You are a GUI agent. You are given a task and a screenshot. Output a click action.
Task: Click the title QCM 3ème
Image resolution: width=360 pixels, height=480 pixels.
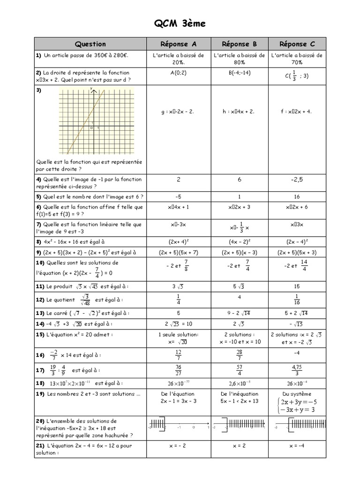click(x=180, y=24)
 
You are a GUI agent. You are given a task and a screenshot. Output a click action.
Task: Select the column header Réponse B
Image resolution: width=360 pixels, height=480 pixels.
click(x=239, y=44)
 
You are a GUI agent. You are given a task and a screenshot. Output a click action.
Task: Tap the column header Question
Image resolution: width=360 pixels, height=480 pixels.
click(x=90, y=44)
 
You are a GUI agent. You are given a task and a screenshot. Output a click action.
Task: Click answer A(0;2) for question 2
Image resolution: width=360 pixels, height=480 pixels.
click(x=179, y=73)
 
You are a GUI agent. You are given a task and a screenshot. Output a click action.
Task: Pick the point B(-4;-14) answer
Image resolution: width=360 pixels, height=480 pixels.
click(x=239, y=73)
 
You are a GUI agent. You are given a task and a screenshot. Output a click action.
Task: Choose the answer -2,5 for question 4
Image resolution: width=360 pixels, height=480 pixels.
click(x=297, y=180)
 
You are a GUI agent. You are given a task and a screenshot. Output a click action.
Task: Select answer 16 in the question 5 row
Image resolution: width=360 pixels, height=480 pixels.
click(x=297, y=196)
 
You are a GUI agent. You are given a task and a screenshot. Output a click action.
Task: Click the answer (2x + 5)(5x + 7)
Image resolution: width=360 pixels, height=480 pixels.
click(x=179, y=252)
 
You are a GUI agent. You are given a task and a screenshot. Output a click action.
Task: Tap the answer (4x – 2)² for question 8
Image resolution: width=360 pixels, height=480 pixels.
click(x=239, y=242)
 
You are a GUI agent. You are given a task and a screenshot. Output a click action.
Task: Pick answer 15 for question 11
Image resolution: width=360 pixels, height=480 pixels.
click(x=297, y=286)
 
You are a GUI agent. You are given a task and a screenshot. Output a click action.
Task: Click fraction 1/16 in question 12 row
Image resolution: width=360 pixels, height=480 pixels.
click(x=297, y=300)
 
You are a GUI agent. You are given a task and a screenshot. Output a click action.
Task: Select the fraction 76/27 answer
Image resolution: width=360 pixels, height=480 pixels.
click(x=179, y=370)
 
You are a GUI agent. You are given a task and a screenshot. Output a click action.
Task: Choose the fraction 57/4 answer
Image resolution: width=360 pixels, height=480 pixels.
click(x=239, y=370)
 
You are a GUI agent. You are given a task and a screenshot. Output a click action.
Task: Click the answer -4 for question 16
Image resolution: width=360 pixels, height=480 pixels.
click(x=297, y=352)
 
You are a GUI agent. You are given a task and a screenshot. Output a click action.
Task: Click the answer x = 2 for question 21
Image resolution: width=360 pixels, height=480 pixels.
click(x=239, y=446)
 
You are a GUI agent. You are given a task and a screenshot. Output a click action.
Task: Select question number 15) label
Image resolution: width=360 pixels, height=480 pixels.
click(x=39, y=335)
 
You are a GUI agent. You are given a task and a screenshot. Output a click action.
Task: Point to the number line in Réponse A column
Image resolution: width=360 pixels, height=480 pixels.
click(x=179, y=427)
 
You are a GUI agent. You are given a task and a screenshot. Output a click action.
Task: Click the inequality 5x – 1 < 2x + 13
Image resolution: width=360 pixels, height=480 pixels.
click(x=240, y=401)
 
